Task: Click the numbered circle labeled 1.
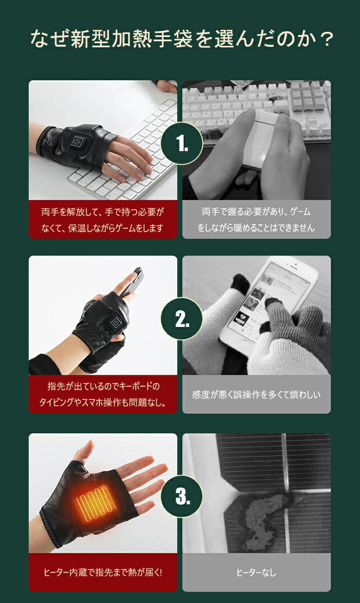click(182, 143)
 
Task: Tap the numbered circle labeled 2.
click(182, 318)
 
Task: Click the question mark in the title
click(327, 39)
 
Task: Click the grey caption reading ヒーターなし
click(256, 573)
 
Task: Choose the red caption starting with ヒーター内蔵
click(103, 573)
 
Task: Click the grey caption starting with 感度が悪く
click(256, 395)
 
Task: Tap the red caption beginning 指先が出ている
click(103, 394)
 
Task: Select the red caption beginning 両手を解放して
click(103, 220)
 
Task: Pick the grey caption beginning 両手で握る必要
click(256, 220)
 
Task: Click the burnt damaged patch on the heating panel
click(267, 517)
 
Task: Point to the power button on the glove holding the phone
click(117, 321)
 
